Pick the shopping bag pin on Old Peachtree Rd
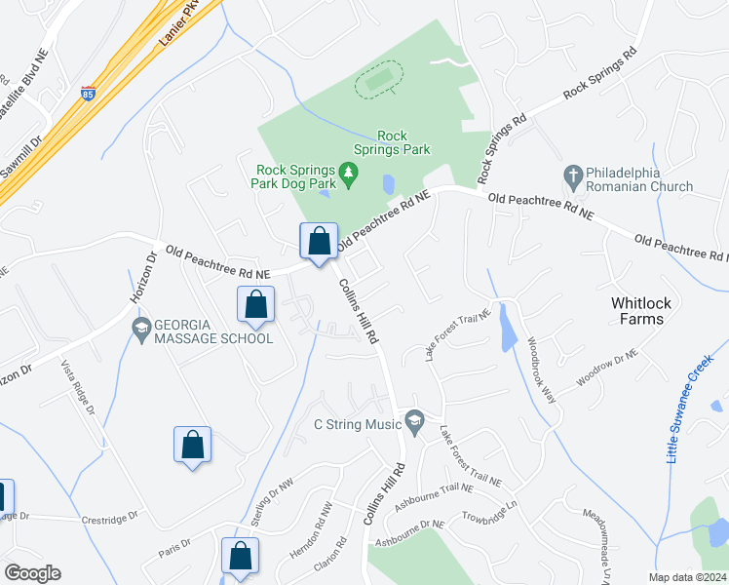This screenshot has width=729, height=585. (319, 241)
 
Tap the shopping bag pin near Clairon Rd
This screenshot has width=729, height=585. (240, 557)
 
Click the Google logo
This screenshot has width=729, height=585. (32, 573)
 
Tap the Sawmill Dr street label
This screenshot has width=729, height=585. (22, 156)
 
